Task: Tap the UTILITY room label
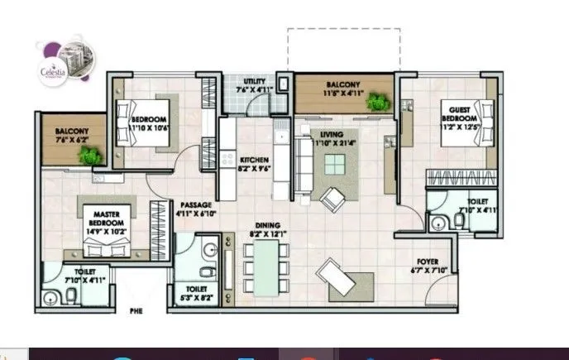click(x=252, y=85)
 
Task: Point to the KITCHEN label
click(x=252, y=164)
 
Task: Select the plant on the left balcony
click(x=93, y=154)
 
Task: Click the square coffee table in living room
click(x=336, y=165)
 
